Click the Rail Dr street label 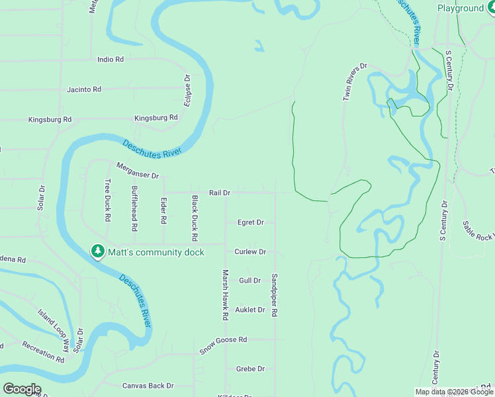point(219,193)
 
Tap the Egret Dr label point(251,222)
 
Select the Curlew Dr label point(250,251)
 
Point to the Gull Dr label point(249,281)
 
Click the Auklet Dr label point(251,310)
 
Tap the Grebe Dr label point(250,369)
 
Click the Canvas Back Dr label point(148,385)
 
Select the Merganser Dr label point(138,171)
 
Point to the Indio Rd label point(111,59)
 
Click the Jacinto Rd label point(84,89)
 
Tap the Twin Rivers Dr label point(355,82)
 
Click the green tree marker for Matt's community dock point(98,251)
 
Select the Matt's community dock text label point(156,252)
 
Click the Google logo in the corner point(22,389)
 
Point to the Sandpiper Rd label point(274,295)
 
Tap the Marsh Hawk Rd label point(226,295)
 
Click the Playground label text point(461,8)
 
